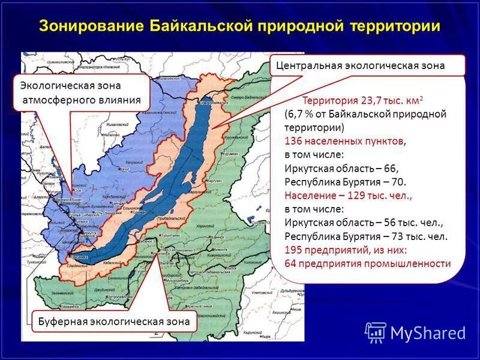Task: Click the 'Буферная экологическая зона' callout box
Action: click(114, 321)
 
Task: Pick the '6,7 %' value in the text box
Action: click(302, 114)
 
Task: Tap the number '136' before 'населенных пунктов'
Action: click(294, 142)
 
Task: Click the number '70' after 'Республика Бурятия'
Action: click(400, 182)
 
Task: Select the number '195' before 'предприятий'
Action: click(294, 250)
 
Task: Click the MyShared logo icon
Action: click(376, 332)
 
